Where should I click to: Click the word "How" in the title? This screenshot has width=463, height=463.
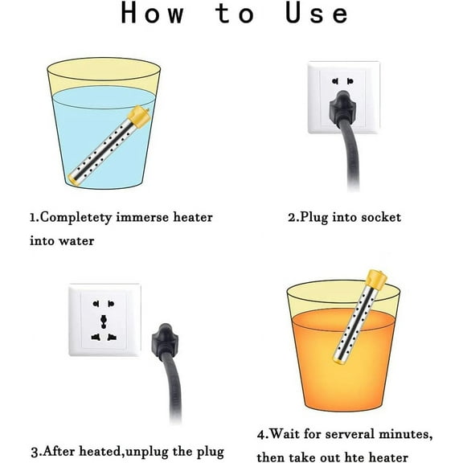(x=153, y=13)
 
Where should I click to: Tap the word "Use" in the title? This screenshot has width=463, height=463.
(x=317, y=13)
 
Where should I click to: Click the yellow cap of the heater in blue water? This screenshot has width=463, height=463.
(x=139, y=117)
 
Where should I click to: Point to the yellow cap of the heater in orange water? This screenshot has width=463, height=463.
(x=376, y=280)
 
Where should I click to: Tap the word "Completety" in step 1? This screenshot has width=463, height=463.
(x=76, y=218)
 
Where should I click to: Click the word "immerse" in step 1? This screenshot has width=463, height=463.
(x=142, y=217)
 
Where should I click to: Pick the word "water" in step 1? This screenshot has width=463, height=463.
(x=76, y=241)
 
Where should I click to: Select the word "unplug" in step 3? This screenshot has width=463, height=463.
(x=145, y=453)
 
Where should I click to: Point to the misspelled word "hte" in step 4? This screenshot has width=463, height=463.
(x=355, y=457)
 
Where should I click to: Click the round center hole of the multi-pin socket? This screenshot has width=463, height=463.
(x=104, y=319)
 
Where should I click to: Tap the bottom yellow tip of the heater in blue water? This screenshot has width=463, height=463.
(x=72, y=179)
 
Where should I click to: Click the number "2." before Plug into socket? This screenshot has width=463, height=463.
(x=293, y=217)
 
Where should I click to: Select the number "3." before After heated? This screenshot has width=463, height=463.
(x=36, y=452)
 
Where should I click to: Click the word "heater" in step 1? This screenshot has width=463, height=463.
(x=193, y=217)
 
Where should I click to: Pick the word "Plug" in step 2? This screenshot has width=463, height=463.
(x=313, y=218)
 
